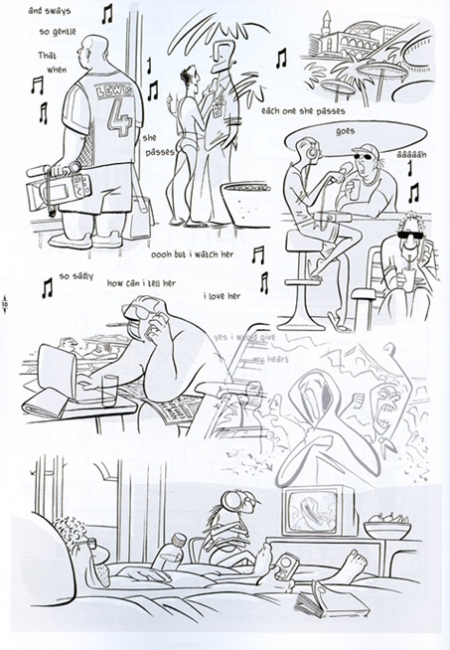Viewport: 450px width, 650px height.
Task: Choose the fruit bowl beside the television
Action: click(x=386, y=525)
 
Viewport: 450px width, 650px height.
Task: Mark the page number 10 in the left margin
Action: click(x=7, y=303)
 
